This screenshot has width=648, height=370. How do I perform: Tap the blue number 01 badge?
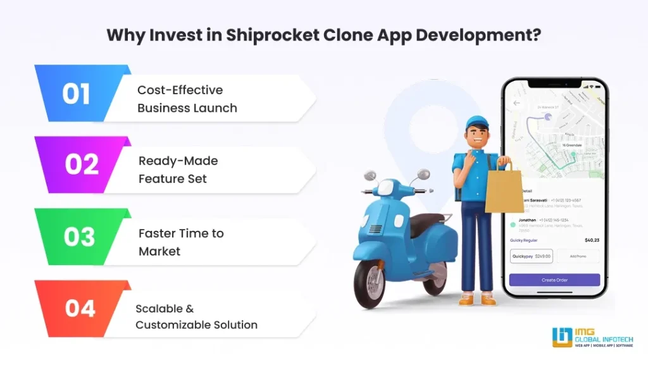tap(76, 94)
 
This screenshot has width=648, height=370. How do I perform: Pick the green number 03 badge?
tap(79, 237)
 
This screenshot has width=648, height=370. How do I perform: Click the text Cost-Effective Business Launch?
tap(187, 99)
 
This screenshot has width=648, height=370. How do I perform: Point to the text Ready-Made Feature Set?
tap(178, 170)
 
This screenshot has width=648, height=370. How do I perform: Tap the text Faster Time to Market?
tap(181, 242)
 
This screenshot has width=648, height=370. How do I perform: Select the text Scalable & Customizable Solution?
tap(196, 316)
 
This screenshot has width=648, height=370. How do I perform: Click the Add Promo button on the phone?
tap(578, 256)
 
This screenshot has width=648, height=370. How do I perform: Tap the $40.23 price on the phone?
tap(591, 240)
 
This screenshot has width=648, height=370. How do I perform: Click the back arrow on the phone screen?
tap(517, 103)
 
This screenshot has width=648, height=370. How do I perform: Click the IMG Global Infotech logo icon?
tap(561, 337)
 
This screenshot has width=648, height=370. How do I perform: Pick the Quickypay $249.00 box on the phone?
tap(532, 256)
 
